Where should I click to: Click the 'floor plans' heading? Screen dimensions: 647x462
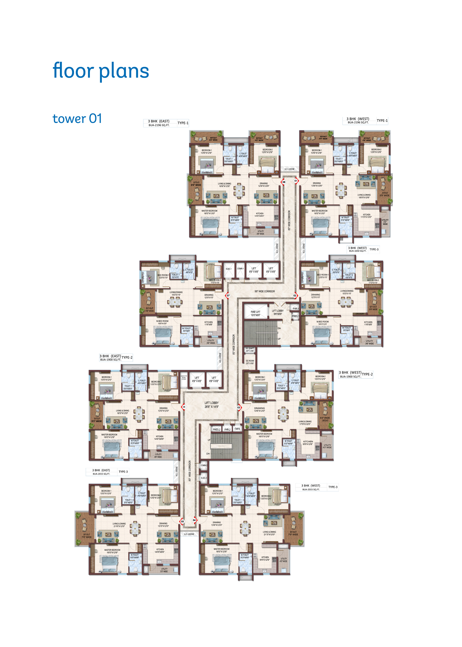point(101,71)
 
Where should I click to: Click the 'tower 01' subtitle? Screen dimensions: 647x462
point(77,118)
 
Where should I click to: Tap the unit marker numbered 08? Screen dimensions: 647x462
point(283,182)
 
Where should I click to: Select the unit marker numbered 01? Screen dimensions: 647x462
point(296,181)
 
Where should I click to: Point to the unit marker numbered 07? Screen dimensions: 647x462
point(228,296)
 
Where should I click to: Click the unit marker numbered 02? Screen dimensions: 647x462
point(295,296)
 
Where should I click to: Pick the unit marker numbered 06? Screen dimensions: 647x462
point(184,407)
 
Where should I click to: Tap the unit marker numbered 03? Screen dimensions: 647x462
point(239,407)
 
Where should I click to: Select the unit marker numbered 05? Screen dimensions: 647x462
point(182,521)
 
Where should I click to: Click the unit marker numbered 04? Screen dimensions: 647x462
point(194,520)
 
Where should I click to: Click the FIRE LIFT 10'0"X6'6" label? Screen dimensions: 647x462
point(255,313)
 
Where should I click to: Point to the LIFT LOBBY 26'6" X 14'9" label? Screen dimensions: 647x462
point(212,405)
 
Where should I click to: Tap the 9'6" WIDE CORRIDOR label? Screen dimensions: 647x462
point(265,291)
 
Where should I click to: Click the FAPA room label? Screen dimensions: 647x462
point(237,429)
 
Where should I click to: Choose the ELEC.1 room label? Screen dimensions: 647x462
point(229,269)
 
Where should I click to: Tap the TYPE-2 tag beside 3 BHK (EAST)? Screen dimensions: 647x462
point(127,357)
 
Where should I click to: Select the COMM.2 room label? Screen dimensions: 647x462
point(204,465)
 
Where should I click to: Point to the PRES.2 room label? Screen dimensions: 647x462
point(216,430)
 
